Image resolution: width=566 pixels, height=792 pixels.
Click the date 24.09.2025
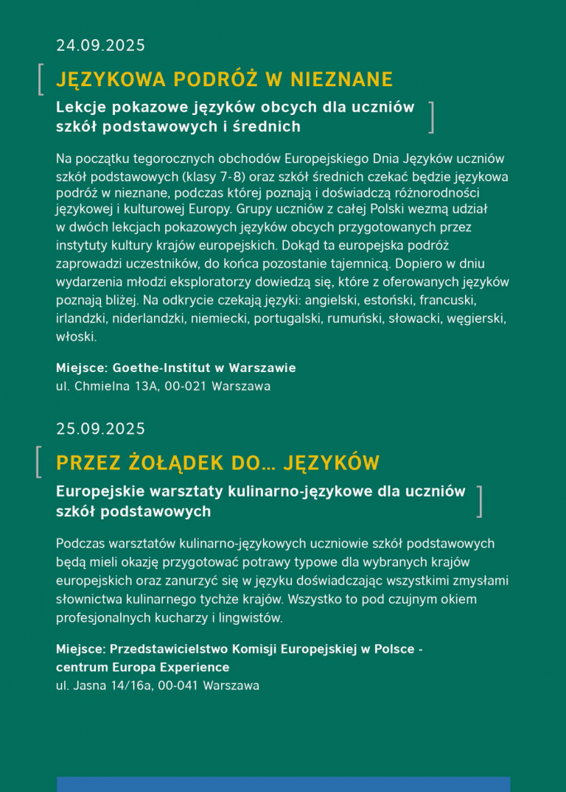tap(100, 46)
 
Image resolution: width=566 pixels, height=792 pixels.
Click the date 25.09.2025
tap(100, 429)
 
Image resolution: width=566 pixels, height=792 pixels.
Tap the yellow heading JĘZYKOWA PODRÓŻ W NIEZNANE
tap(224, 80)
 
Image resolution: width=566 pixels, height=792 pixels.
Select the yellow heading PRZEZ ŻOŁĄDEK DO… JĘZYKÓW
tap(217, 463)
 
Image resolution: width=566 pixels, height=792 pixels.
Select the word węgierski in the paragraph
tap(476, 319)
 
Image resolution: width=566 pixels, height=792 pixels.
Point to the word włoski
tap(76, 337)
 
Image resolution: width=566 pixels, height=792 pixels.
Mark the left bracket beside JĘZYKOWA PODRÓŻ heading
tap(40, 80)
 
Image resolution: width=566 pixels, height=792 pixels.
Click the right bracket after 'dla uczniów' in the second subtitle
tap(480, 501)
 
